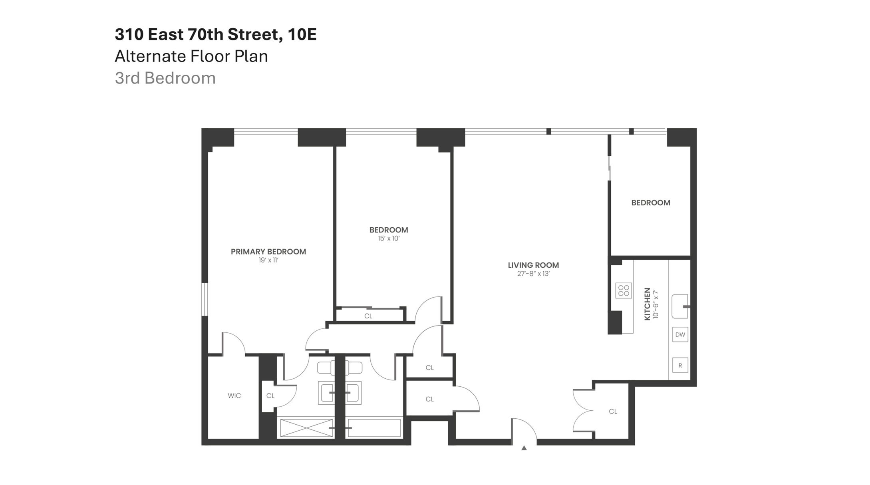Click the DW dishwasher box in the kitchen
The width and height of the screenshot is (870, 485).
pyautogui.click(x=680, y=335)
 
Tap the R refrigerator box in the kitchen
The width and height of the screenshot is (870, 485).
pyautogui.click(x=680, y=365)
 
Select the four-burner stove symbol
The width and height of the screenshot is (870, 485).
pyautogui.click(x=623, y=290)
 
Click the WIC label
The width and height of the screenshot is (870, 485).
pyautogui.click(x=234, y=396)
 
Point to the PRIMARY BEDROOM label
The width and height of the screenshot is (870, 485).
pyautogui.click(x=268, y=252)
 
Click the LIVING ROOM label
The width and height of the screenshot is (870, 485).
pyautogui.click(x=533, y=265)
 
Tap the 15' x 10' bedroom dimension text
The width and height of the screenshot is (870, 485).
pyautogui.click(x=388, y=239)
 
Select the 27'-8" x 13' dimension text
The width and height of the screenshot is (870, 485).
pyautogui.click(x=533, y=274)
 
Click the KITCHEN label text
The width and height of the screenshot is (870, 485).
pyautogui.click(x=648, y=304)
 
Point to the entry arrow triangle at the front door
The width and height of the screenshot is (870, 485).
pyautogui.click(x=524, y=448)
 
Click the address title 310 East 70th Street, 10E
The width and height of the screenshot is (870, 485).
pyautogui.click(x=215, y=34)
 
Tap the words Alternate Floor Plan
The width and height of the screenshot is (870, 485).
pyautogui.click(x=191, y=56)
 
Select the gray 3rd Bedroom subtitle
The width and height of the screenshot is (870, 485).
pyautogui.click(x=165, y=78)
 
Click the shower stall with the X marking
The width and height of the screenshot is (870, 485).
pyautogui.click(x=306, y=428)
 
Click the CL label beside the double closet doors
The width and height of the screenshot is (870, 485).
pyautogui.click(x=613, y=411)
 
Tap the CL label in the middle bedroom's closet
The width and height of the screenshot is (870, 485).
pyautogui.click(x=368, y=316)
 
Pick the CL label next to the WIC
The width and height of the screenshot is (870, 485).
pyautogui.click(x=270, y=396)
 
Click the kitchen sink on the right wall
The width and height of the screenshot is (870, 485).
pyautogui.click(x=679, y=306)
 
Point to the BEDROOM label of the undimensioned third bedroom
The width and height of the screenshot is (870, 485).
pyautogui.click(x=650, y=203)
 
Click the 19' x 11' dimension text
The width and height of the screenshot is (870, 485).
pyautogui.click(x=268, y=260)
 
